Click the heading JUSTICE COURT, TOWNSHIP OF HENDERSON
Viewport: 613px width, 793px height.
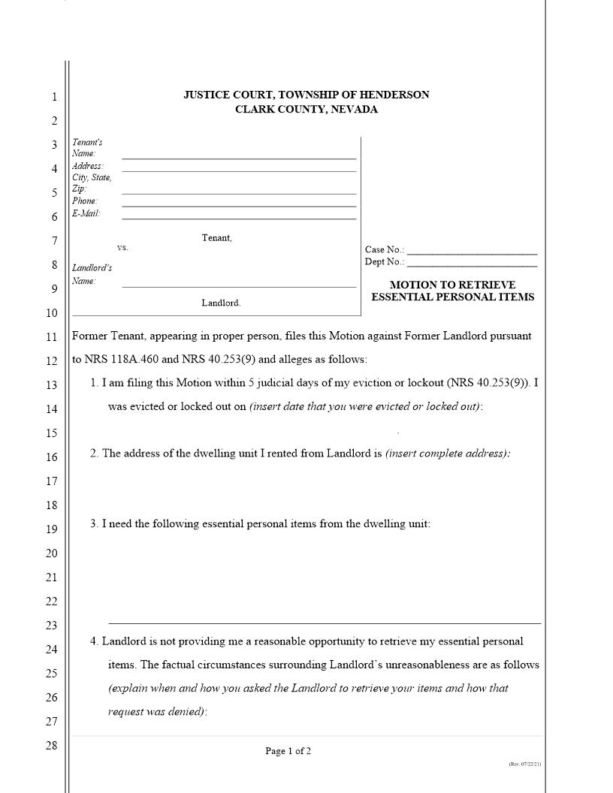pyautogui.click(x=306, y=95)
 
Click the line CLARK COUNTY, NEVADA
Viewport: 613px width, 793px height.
pyautogui.click(x=306, y=110)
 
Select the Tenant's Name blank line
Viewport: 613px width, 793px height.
pyautogui.click(x=239, y=158)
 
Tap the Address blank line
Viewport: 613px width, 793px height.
pyautogui.click(x=239, y=170)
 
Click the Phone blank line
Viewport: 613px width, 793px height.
pyautogui.click(x=239, y=205)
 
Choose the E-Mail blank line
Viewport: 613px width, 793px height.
pyautogui.click(x=239, y=218)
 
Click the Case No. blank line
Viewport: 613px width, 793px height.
pyautogui.click(x=472, y=254)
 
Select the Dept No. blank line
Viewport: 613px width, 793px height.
pyautogui.click(x=472, y=266)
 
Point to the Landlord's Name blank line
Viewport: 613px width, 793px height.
pyautogui.click(x=239, y=286)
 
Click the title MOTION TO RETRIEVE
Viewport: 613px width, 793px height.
pyautogui.click(x=452, y=285)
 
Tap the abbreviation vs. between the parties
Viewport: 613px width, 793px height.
pyautogui.click(x=122, y=248)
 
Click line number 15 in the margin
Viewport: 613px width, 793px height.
pyautogui.click(x=52, y=433)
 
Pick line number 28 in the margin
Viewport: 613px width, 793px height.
pyautogui.click(x=52, y=746)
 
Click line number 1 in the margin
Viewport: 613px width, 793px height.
pyautogui.click(x=53, y=97)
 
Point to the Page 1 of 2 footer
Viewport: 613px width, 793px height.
pyautogui.click(x=288, y=751)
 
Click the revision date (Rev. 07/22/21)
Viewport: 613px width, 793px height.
pyautogui.click(x=524, y=764)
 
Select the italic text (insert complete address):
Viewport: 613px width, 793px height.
pyautogui.click(x=448, y=454)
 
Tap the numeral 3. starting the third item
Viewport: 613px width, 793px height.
pyautogui.click(x=95, y=523)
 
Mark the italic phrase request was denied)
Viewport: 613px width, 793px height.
pyautogui.click(x=157, y=711)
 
